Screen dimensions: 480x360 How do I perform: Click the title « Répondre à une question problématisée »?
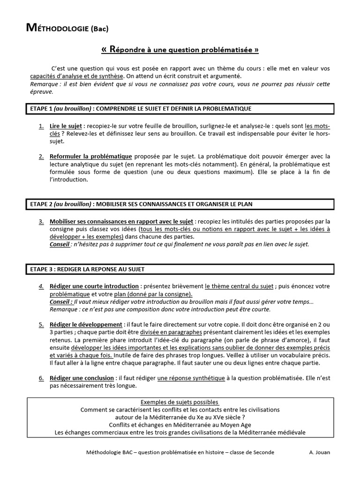click(180, 49)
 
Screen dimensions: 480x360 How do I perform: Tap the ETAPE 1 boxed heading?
click(180, 109)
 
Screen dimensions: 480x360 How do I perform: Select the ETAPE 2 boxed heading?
click(180, 204)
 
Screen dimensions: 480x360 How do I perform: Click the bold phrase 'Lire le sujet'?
click(66, 127)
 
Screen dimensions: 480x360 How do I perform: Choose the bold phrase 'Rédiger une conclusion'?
click(82, 378)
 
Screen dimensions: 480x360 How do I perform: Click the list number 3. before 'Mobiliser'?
click(41, 221)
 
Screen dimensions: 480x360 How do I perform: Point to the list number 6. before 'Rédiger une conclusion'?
click(41, 378)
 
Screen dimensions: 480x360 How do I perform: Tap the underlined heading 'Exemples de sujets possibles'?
click(180, 402)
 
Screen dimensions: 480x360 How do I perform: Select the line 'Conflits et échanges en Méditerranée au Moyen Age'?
click(180, 425)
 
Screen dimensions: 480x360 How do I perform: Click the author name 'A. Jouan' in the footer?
click(320, 452)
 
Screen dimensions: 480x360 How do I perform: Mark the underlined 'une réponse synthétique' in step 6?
click(191, 378)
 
